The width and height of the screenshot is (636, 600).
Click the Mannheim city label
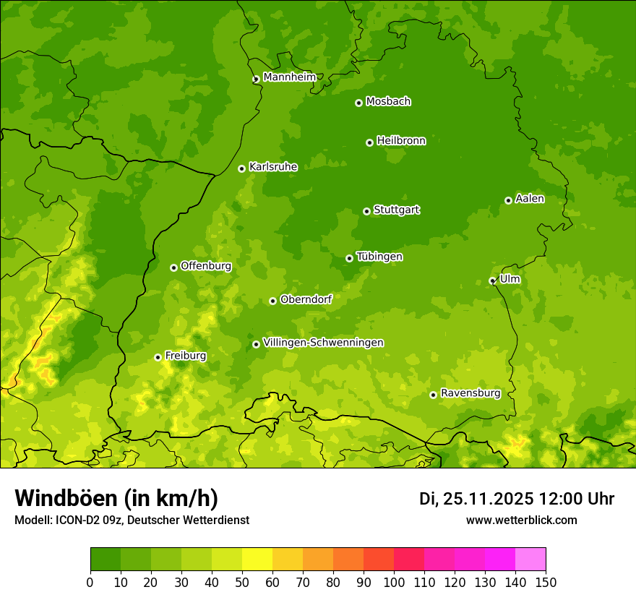(x=289, y=77)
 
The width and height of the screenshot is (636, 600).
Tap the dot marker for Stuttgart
(x=366, y=211)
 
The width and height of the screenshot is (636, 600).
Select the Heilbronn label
(x=401, y=141)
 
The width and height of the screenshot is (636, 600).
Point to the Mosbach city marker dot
(x=358, y=103)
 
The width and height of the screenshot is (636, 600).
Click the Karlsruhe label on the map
(x=273, y=167)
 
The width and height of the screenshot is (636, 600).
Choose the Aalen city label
(x=530, y=199)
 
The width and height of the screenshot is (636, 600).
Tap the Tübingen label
(x=379, y=257)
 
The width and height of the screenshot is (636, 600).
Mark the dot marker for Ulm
(x=492, y=280)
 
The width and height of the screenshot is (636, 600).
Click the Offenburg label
(x=206, y=266)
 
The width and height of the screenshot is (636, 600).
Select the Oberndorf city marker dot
(x=272, y=301)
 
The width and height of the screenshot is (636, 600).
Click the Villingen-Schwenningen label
(x=323, y=343)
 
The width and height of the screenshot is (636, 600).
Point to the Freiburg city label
(x=185, y=356)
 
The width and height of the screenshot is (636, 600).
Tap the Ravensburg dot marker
(x=433, y=395)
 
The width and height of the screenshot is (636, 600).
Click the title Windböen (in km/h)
(x=116, y=498)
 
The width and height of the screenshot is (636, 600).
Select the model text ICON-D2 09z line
(x=132, y=520)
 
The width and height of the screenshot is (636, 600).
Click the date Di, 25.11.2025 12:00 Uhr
(x=517, y=499)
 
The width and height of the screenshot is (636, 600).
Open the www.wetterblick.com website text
(x=521, y=520)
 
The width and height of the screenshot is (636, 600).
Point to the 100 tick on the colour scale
(x=394, y=582)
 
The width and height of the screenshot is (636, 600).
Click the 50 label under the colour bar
(x=242, y=582)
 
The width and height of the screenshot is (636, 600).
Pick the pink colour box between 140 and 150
(x=530, y=559)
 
